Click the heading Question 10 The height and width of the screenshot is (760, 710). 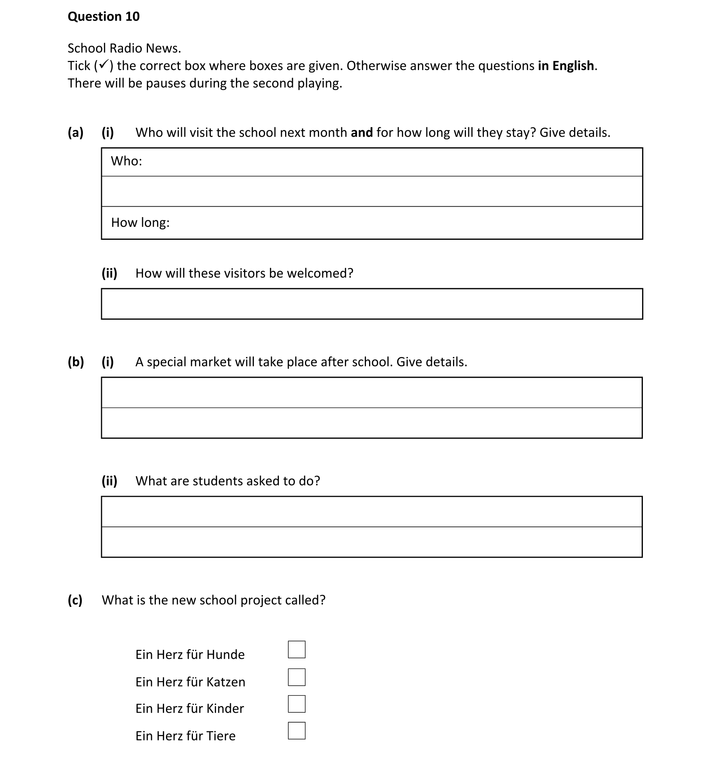tap(103, 16)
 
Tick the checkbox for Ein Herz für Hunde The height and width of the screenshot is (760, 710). tap(296, 649)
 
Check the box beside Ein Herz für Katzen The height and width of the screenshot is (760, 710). tap(296, 677)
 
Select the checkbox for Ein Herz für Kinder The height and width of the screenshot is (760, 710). tap(296, 704)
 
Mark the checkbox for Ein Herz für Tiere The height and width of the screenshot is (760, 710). tap(296, 731)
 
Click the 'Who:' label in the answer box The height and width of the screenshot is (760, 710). tap(127, 161)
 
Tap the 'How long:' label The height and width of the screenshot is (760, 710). tap(140, 223)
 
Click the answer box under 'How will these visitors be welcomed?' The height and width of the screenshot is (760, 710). tap(371, 304)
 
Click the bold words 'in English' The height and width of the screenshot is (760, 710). tap(566, 66)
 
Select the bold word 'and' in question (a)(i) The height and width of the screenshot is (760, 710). tap(362, 133)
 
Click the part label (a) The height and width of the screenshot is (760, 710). tap(75, 133)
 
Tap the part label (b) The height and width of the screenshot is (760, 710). tap(75, 362)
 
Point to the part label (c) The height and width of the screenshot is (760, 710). tap(75, 600)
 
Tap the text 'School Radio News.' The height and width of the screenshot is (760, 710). tap(124, 48)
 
